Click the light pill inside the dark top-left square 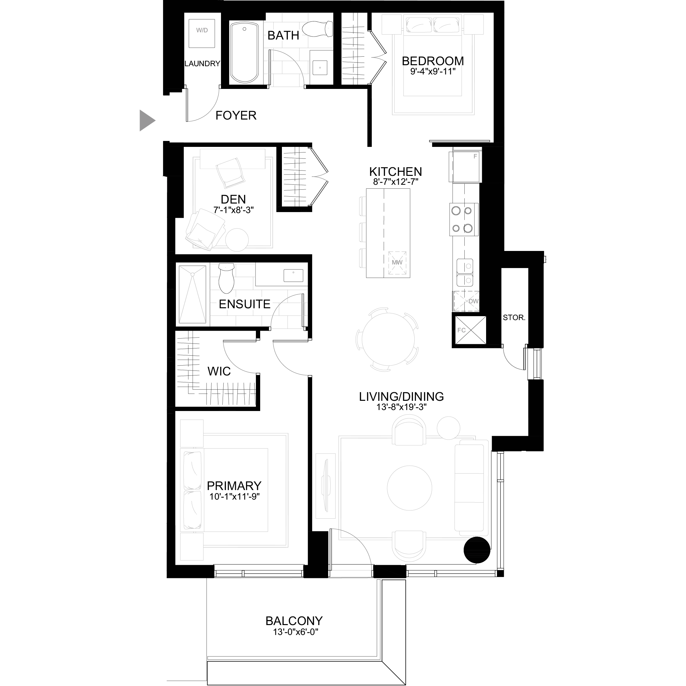coord(198,31)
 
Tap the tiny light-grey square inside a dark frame coord(317,70)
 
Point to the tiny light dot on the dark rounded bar coord(293,273)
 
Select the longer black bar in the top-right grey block coord(428,61)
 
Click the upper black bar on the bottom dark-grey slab coord(264,620)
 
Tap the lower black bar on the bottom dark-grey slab coord(261,632)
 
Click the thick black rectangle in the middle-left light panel coord(220,199)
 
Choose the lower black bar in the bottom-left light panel coord(231,496)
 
